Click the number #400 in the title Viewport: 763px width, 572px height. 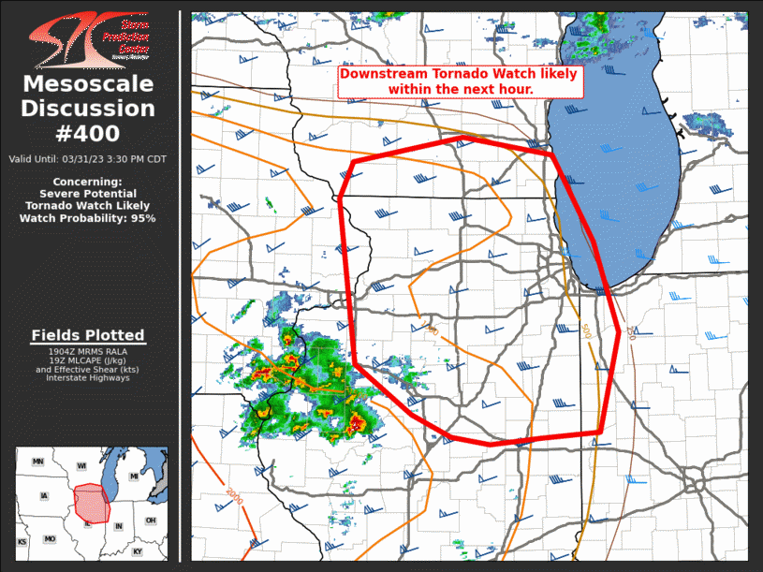point(88,134)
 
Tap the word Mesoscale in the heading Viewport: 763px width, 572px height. point(88,84)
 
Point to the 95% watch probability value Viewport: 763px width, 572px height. point(143,218)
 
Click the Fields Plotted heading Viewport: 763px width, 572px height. point(88,335)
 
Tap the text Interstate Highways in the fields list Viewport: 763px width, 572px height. point(88,377)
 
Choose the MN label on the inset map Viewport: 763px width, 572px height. point(38,462)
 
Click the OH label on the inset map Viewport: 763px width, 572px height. point(151,521)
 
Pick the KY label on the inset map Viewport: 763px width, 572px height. point(138,551)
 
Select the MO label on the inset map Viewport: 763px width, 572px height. point(50,539)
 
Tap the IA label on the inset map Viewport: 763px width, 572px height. point(44,496)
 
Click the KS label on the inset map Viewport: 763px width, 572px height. point(22,542)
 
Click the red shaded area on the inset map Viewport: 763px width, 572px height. point(92,504)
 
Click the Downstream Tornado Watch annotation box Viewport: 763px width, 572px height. point(460,81)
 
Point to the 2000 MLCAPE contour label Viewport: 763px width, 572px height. point(233,497)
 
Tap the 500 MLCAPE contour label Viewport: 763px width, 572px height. point(586,331)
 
